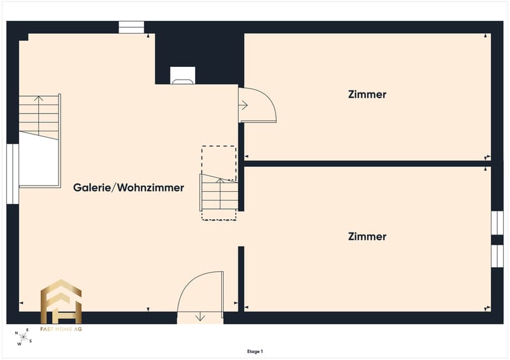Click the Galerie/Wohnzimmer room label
click(129, 187)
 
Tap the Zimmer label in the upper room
click(367, 94)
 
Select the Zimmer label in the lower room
click(367, 236)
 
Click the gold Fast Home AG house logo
click(61, 301)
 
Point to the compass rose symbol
click(24, 337)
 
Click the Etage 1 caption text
click(255, 352)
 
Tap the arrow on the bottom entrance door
click(200, 317)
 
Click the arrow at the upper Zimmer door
click(244, 105)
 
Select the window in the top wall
click(131, 27)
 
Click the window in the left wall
click(13, 174)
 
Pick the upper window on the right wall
click(497, 223)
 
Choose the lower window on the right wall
click(497, 256)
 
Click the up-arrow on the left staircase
click(39, 115)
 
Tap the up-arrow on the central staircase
click(220, 194)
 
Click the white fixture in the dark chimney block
click(183, 75)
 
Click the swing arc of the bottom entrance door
click(191, 282)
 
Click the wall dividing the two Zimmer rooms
click(367, 164)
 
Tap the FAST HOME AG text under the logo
click(61, 329)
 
